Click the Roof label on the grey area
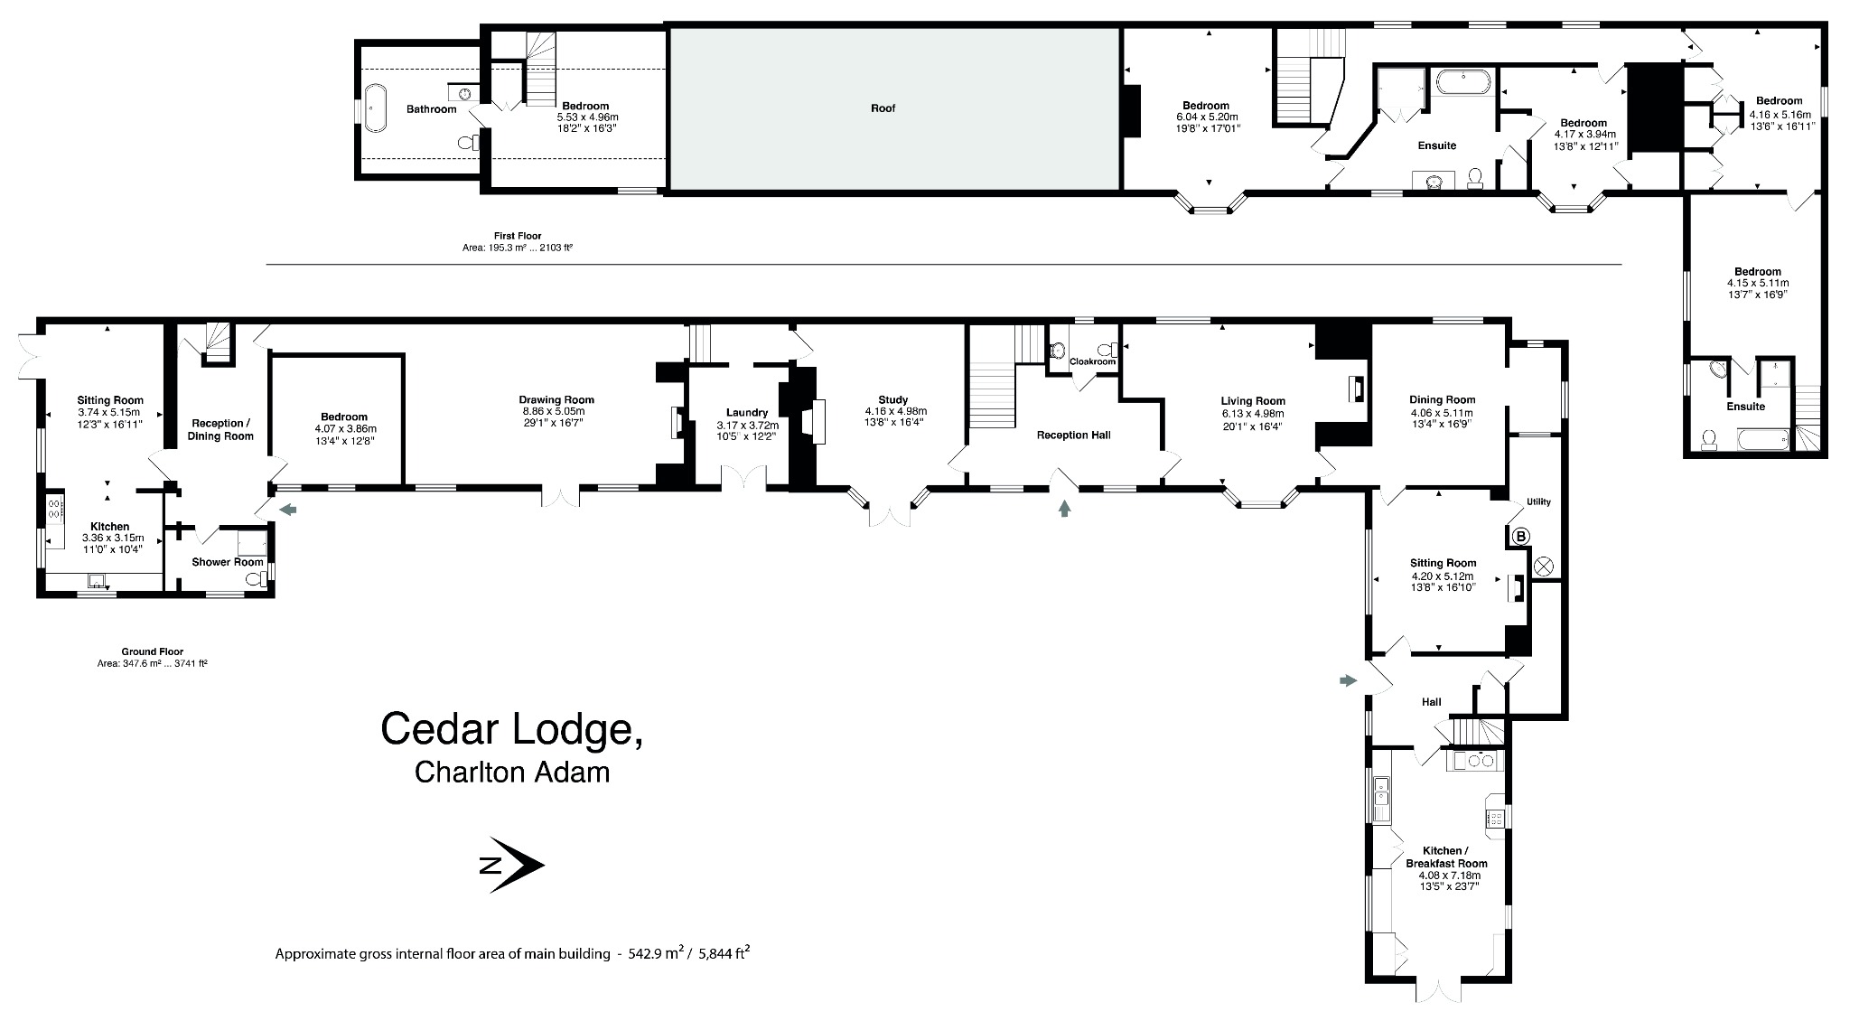point(883,108)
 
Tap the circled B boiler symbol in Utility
point(1520,537)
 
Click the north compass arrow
point(510,866)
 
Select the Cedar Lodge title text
point(512,728)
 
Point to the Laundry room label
point(746,413)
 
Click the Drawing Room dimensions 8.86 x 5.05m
point(556,411)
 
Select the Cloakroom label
point(1092,361)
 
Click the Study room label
point(892,400)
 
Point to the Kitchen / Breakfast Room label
point(1442,857)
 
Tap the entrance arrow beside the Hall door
point(1348,680)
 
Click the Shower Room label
point(215,562)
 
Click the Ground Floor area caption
point(152,657)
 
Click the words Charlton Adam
point(511,773)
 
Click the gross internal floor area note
point(512,953)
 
